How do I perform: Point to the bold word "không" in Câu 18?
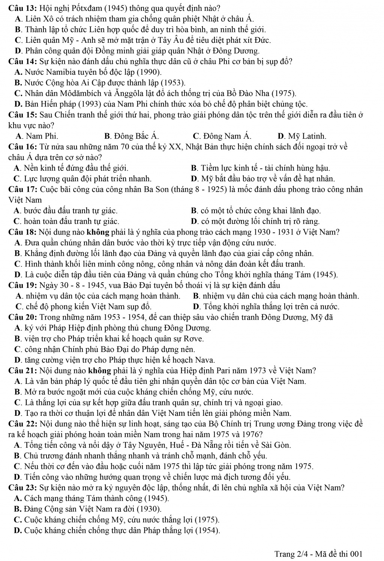click(x=99, y=232)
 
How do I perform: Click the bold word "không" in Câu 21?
click(x=99, y=371)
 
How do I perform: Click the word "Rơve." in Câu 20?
click(x=194, y=339)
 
